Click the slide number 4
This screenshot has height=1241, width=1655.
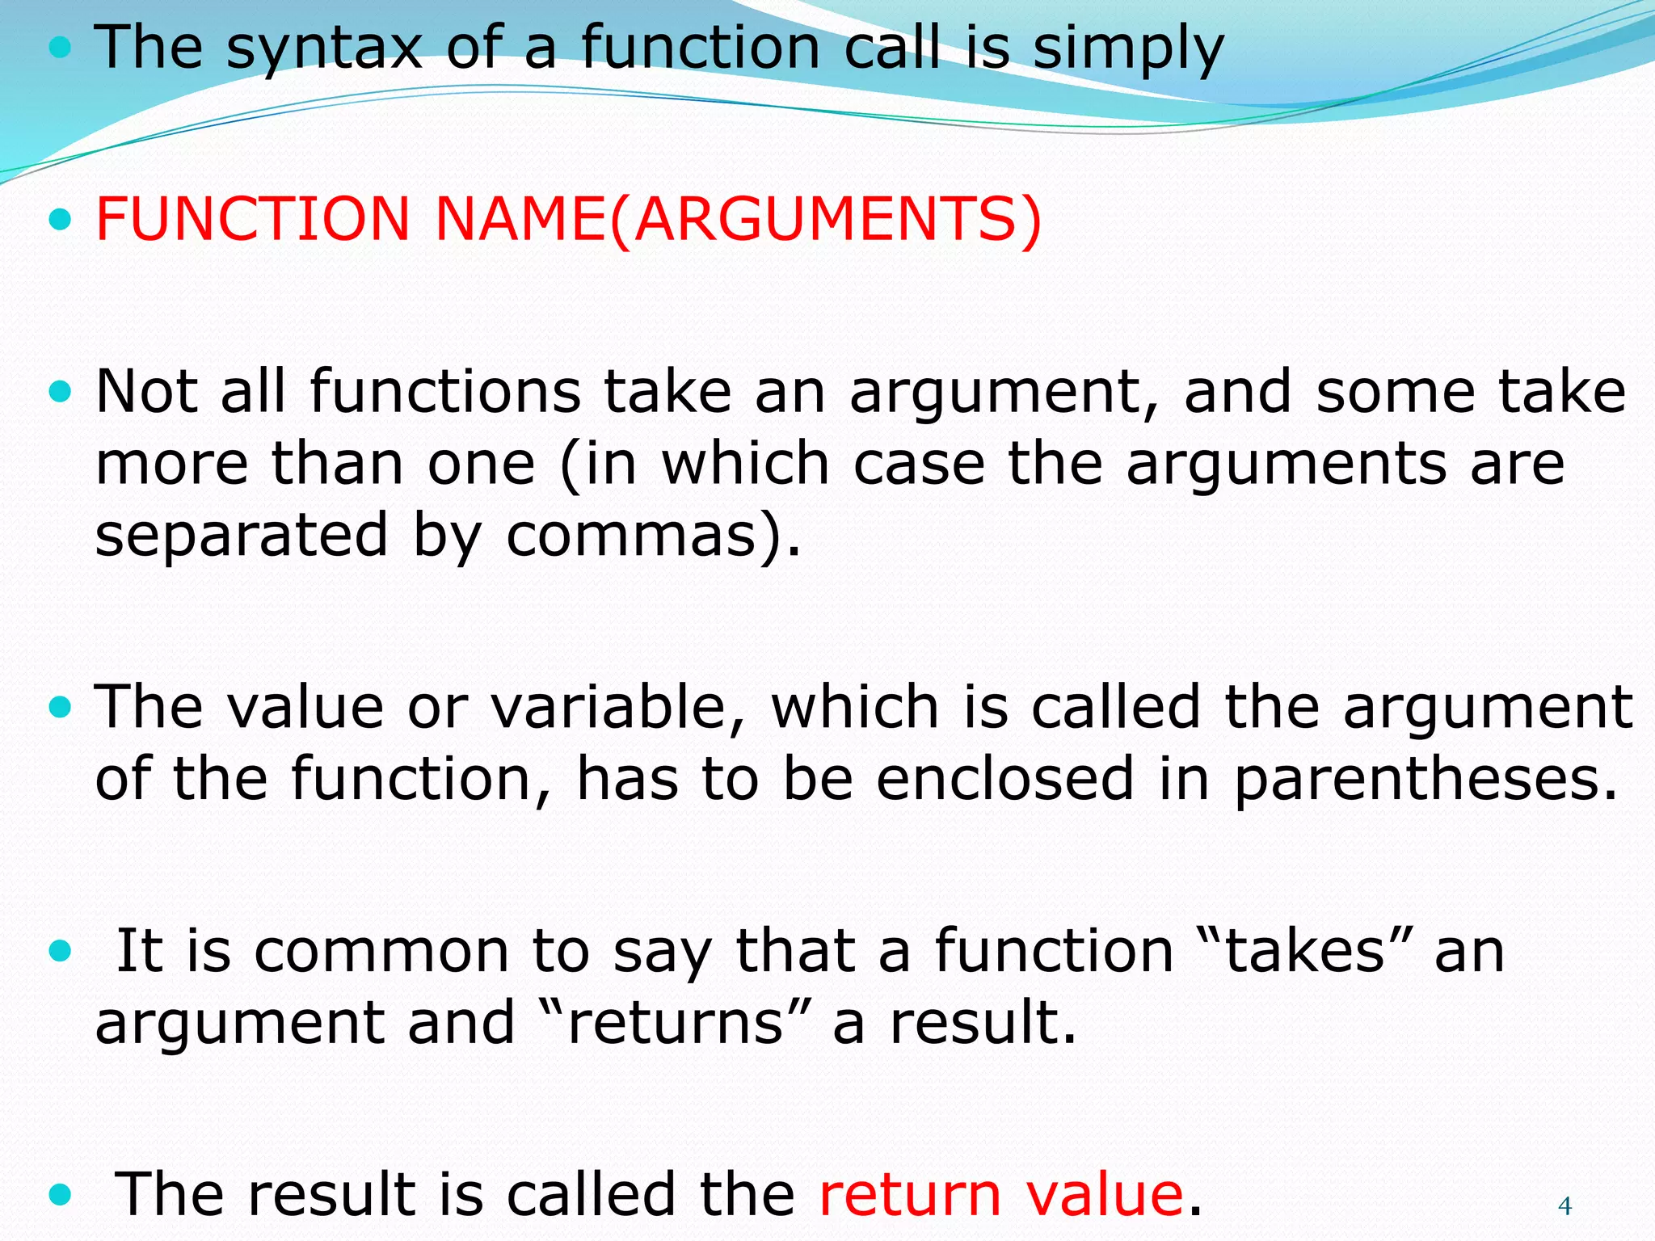coord(1564,1206)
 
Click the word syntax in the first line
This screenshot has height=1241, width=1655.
coord(324,48)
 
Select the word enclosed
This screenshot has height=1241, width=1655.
coord(1005,779)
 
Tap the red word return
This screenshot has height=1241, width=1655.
coord(910,1194)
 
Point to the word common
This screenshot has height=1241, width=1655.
coord(381,951)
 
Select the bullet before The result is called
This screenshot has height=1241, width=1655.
coord(60,1193)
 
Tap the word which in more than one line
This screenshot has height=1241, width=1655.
coord(745,465)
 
